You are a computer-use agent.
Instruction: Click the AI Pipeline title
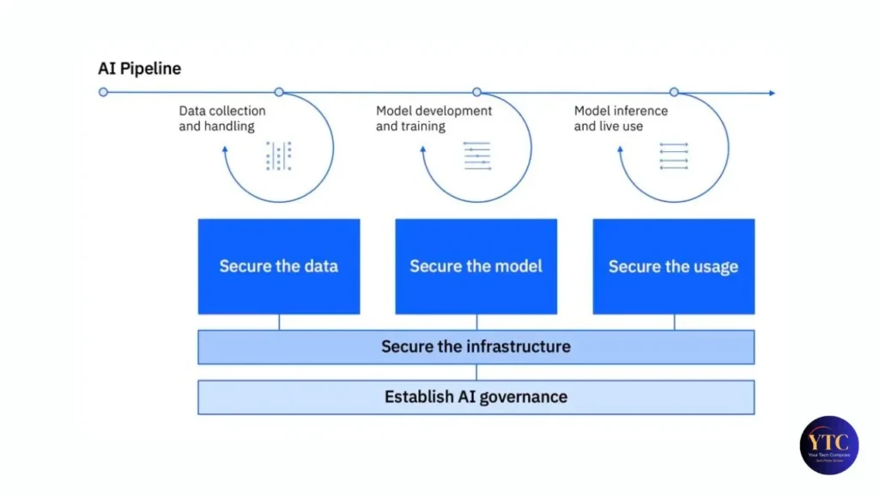(x=139, y=69)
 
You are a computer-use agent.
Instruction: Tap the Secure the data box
(x=279, y=266)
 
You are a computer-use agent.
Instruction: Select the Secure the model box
(x=476, y=266)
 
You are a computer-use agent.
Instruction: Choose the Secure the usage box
(x=674, y=266)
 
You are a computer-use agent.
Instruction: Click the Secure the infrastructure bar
(x=476, y=347)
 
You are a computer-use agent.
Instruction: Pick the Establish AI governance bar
(x=476, y=397)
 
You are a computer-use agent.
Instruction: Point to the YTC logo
(x=828, y=444)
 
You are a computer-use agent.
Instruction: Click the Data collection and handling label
(x=222, y=119)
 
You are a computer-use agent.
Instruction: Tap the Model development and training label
(x=434, y=119)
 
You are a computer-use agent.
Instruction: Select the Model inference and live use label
(x=621, y=119)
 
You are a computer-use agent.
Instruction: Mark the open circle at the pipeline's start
(x=104, y=92)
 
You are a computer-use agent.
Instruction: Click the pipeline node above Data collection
(x=279, y=92)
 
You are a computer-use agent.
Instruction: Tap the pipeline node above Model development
(x=477, y=92)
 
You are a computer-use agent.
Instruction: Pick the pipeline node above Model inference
(x=674, y=92)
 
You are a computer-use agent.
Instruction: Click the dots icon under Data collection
(x=279, y=156)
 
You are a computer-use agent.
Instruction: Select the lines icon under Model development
(x=477, y=156)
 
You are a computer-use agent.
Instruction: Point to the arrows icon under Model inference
(x=674, y=156)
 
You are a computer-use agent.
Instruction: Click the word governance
(x=524, y=397)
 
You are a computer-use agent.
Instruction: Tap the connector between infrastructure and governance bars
(x=476, y=372)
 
